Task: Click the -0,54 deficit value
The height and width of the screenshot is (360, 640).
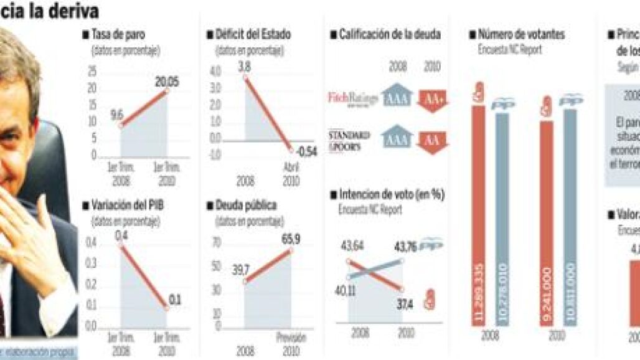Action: click(306, 151)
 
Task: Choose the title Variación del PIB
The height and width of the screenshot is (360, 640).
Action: click(127, 204)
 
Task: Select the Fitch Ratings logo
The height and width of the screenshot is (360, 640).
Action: click(349, 98)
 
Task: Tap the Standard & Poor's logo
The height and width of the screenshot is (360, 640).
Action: click(349, 140)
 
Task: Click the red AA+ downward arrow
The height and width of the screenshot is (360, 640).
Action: click(433, 100)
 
